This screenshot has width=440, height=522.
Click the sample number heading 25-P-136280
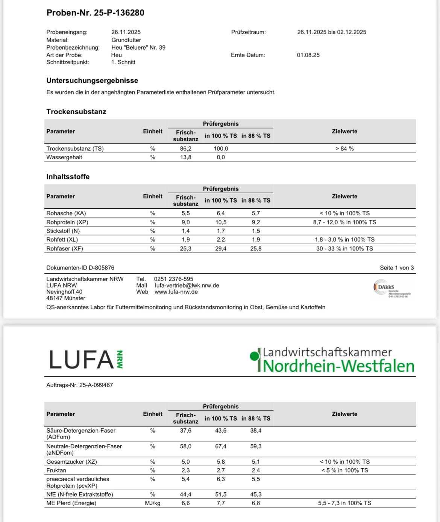pyautogui.click(x=95, y=13)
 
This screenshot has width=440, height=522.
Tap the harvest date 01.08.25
pyautogui.click(x=308, y=55)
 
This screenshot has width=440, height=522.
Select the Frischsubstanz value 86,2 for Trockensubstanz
pyautogui.click(x=185, y=148)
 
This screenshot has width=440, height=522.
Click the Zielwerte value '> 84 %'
pyautogui.click(x=344, y=148)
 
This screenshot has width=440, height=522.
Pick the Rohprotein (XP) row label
pyautogui.click(x=67, y=222)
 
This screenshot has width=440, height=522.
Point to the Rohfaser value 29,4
pyautogui.click(x=221, y=248)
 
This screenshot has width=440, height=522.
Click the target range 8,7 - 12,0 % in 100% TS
pyautogui.click(x=344, y=222)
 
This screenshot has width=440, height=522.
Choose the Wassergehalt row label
pyautogui.click(x=64, y=157)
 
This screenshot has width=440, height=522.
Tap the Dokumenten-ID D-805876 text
pyautogui.click(x=80, y=268)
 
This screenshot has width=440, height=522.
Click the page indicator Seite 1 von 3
pyautogui.click(x=396, y=268)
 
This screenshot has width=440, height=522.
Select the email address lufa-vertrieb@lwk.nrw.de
pyautogui.click(x=187, y=285)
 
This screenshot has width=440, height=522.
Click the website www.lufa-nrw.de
pyautogui.click(x=176, y=292)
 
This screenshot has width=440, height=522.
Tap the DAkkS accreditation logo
pyautogui.click(x=391, y=289)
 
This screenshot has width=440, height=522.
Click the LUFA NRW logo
pyautogui.click(x=86, y=359)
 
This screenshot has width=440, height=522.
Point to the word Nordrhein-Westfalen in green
pyautogui.click(x=338, y=366)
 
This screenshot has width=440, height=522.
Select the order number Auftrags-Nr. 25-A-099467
pyautogui.click(x=79, y=385)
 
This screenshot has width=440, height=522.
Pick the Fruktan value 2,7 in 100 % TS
pyautogui.click(x=221, y=470)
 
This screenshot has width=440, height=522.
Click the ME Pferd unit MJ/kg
pyautogui.click(x=152, y=503)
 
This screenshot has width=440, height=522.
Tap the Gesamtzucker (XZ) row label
pyautogui.click(x=71, y=461)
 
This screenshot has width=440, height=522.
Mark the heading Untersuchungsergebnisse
pyautogui.click(x=92, y=80)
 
